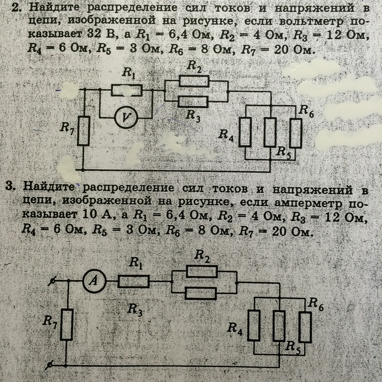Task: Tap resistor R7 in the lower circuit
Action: [67, 324]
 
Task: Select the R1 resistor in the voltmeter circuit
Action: [127, 90]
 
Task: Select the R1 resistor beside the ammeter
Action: [134, 281]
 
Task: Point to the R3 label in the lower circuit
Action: [135, 308]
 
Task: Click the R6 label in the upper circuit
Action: [307, 111]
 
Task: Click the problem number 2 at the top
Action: [16, 8]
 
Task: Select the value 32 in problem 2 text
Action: [94, 35]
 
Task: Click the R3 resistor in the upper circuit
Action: [193, 102]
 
